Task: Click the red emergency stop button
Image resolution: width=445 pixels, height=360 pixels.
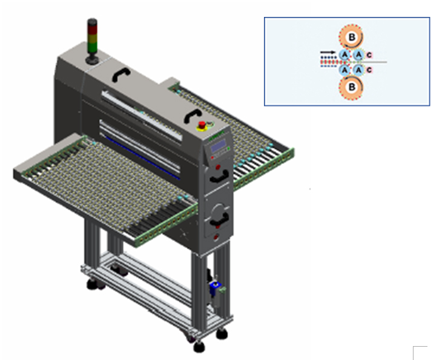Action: point(202,125)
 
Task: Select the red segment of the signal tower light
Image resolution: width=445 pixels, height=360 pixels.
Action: point(92,28)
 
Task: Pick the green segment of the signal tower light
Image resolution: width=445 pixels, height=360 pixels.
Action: point(92,47)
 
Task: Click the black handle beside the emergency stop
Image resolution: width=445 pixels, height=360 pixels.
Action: point(193,116)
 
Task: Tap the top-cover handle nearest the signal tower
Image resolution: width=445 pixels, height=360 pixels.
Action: point(121,74)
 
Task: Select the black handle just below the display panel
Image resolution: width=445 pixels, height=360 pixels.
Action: point(220,177)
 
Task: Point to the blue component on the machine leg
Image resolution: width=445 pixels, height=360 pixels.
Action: point(215,287)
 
